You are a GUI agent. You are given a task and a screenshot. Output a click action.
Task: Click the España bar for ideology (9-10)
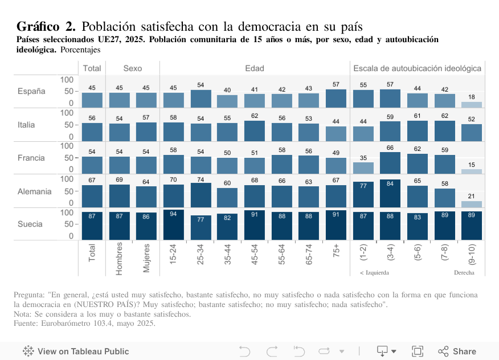click(472, 105)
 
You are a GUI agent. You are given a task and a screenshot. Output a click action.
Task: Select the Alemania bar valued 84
click(390, 194)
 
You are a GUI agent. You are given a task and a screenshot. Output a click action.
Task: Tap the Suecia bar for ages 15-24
click(174, 225)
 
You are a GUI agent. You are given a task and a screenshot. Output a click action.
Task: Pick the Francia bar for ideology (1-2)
click(363, 167)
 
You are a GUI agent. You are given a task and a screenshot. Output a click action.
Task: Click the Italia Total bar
click(92, 132)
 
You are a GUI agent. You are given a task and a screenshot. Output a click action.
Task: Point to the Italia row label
click(26, 125)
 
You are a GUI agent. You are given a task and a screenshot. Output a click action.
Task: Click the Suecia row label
click(30, 224)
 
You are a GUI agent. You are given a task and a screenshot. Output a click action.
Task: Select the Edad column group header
click(255, 68)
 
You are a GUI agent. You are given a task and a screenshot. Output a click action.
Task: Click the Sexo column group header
click(133, 68)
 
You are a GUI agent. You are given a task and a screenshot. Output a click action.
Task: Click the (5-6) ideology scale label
click(418, 255)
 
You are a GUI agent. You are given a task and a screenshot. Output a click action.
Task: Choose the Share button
click(457, 351)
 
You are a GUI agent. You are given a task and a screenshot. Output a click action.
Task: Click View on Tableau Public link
click(76, 351)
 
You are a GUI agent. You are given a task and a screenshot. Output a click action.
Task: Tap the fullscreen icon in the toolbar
click(418, 351)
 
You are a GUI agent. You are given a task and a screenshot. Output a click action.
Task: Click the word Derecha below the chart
click(464, 273)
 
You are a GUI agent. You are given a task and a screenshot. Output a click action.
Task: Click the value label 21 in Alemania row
click(472, 196)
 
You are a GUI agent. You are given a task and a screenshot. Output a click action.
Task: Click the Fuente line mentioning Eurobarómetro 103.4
click(84, 323)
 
